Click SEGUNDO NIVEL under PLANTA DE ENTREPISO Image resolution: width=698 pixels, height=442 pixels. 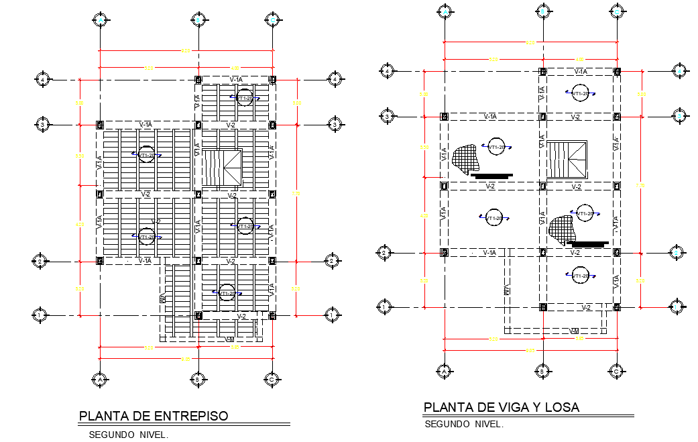128,434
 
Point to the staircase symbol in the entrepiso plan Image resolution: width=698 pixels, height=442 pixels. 222,167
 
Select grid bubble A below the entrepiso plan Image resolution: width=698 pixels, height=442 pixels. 100,380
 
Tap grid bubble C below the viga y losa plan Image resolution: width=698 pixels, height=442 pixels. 616,370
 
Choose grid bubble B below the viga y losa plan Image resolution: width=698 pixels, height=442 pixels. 542,370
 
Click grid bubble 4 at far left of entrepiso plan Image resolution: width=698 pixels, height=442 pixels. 43,79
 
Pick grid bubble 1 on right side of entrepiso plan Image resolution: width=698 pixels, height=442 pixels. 331,314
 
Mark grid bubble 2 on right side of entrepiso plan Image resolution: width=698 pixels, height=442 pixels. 331,260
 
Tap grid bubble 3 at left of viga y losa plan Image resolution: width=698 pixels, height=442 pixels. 386,117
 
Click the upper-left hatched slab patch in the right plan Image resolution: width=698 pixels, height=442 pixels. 467,158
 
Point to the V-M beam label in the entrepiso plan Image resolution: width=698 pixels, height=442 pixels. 230,339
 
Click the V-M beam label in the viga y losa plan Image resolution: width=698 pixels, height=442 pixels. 574,331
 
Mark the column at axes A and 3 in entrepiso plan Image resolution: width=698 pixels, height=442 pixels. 100,125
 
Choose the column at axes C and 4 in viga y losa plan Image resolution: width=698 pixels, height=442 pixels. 616,71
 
